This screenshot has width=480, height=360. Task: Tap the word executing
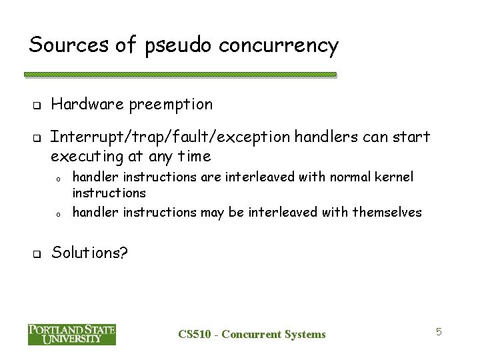tap(87, 157)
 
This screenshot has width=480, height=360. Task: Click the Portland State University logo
tap(72, 333)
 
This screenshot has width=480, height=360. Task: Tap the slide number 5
tap(439, 331)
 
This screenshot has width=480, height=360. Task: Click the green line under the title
tap(183, 74)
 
